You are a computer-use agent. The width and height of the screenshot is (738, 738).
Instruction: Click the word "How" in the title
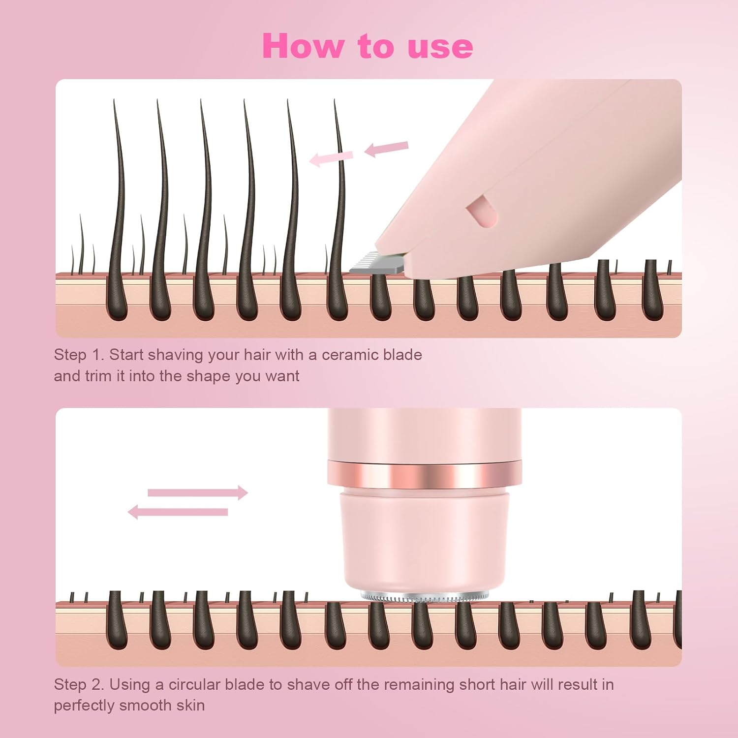(x=303, y=46)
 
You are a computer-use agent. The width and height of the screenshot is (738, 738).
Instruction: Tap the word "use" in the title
(x=440, y=47)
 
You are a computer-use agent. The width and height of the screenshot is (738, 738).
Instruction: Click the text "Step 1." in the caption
(x=79, y=355)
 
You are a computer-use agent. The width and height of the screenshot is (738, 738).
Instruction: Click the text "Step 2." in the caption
(x=79, y=684)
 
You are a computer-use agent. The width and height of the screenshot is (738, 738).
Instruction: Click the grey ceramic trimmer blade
(x=375, y=263)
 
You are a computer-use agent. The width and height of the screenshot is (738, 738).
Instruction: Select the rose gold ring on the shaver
(x=424, y=474)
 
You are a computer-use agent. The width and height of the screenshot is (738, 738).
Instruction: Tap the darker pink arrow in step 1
(x=387, y=148)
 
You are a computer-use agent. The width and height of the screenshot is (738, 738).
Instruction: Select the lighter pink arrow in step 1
(x=331, y=158)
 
